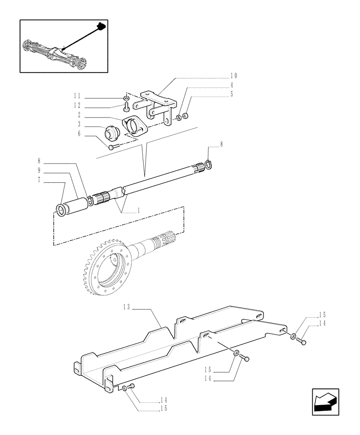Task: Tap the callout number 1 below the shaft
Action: click(x=138, y=211)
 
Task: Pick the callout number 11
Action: click(x=77, y=96)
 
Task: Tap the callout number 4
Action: click(x=232, y=85)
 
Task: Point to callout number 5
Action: click(x=232, y=94)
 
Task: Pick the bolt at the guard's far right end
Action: click(x=302, y=342)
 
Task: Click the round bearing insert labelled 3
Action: click(x=112, y=132)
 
